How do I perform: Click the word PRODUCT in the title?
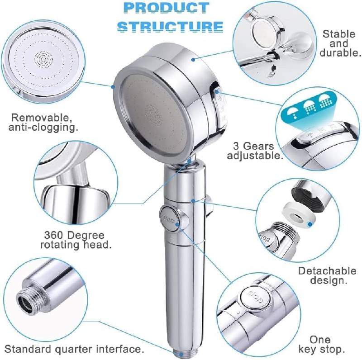167,8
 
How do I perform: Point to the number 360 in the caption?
53,235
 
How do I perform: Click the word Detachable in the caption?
327,271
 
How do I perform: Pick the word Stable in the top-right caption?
338,34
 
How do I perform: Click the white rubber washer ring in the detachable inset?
299,213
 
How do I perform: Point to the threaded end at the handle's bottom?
185,354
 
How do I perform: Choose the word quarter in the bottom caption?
80,349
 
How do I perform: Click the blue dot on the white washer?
310,224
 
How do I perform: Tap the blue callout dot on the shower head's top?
193,60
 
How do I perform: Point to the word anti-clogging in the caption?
43,128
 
